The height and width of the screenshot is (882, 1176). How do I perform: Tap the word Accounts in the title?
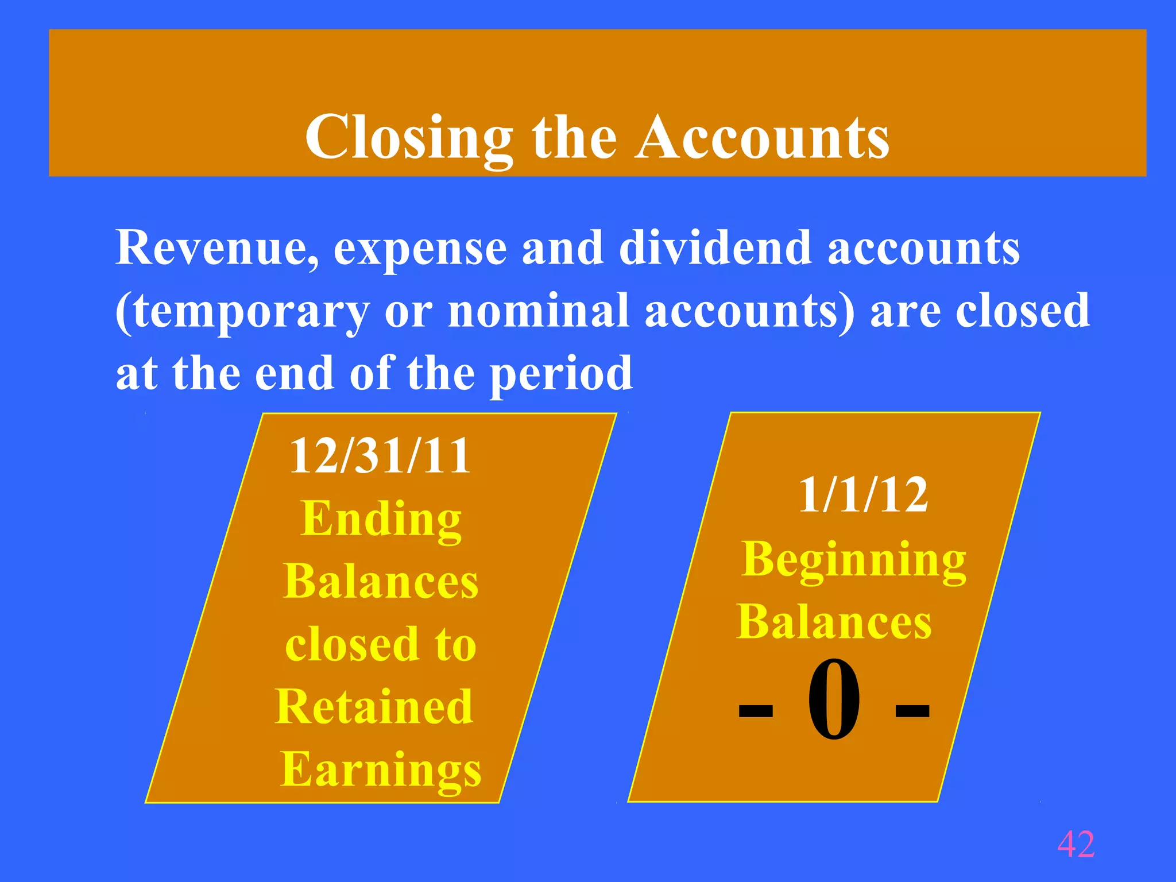click(763, 137)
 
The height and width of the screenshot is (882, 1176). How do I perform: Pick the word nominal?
click(538, 311)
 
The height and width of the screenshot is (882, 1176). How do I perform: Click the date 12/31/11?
click(380, 456)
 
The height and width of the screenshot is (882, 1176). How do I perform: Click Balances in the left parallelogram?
click(380, 582)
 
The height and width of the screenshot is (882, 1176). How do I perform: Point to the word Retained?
click(374, 707)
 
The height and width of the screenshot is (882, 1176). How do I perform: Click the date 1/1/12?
click(863, 495)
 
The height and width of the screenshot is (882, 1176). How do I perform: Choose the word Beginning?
click(854, 560)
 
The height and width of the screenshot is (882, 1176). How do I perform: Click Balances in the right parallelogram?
click(834, 622)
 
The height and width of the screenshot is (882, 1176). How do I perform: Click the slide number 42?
click(1076, 844)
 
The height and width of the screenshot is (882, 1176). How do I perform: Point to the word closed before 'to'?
click(352, 644)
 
